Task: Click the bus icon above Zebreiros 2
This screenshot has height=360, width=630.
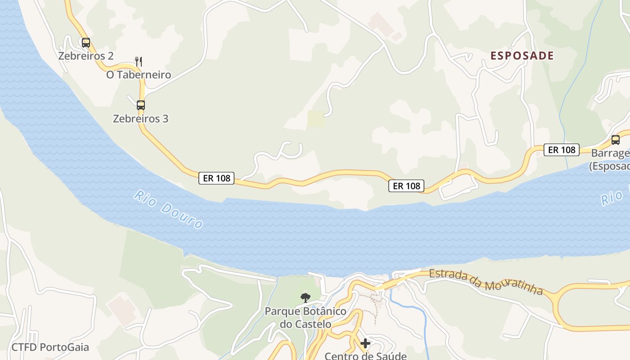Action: [x=85, y=43]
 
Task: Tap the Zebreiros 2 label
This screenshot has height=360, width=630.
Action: [x=85, y=56]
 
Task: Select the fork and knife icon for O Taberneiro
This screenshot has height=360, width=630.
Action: [x=139, y=61]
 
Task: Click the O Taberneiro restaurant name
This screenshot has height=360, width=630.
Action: [x=139, y=75]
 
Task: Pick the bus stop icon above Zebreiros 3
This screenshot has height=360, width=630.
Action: [x=141, y=105]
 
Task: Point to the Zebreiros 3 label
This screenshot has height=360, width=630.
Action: [x=140, y=119]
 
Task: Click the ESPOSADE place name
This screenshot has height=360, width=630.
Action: [x=522, y=56]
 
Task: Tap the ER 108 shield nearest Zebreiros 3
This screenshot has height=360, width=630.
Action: [x=216, y=178]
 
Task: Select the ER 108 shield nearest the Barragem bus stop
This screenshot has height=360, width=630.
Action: [x=562, y=150]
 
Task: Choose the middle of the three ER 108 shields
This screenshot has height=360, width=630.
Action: [x=406, y=185]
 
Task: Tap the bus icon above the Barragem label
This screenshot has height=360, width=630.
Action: [x=615, y=139]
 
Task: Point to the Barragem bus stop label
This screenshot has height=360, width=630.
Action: [x=610, y=159]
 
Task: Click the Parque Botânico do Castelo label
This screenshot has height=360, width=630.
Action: [x=305, y=317]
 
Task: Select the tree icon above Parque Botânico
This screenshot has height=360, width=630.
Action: [x=305, y=297]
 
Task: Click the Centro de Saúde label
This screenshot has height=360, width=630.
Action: [x=365, y=355]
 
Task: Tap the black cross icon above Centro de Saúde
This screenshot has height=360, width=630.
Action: [x=365, y=344]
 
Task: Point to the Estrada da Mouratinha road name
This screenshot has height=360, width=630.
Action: [x=486, y=282]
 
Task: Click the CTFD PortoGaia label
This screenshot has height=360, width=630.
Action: [x=50, y=347]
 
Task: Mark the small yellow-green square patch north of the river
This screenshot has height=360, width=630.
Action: [x=316, y=119]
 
